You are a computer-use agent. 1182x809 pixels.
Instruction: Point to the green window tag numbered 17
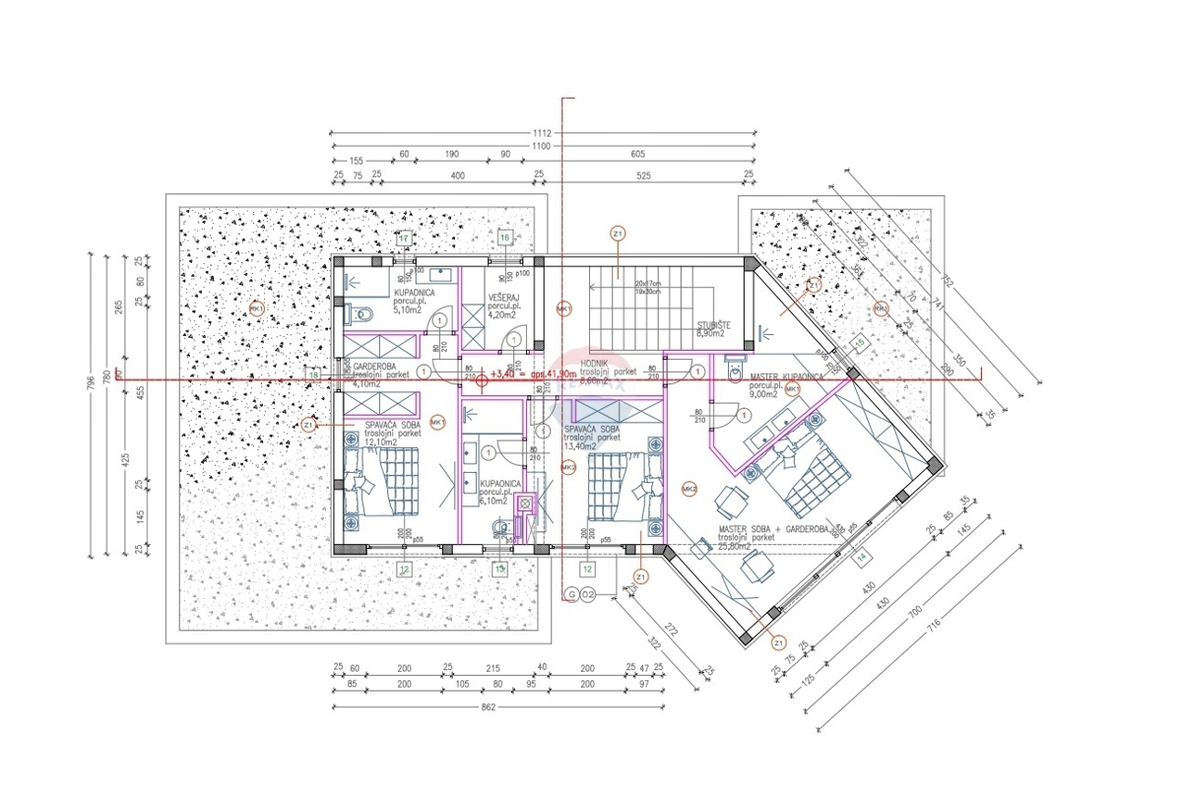[x=404, y=238]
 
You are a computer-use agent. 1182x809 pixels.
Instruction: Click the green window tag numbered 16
[x=503, y=238]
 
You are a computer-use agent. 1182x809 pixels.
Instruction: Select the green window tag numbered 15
[x=858, y=342]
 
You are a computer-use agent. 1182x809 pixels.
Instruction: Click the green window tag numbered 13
[x=499, y=569]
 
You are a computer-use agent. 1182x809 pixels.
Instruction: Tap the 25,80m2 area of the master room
[x=734, y=546]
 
